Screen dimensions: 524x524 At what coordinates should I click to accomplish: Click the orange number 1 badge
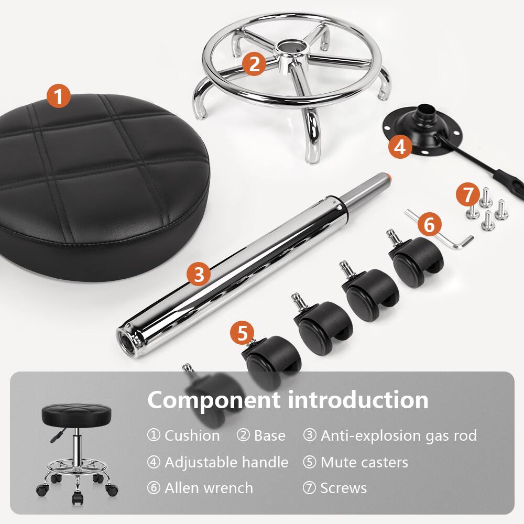pyautogui.click(x=59, y=96)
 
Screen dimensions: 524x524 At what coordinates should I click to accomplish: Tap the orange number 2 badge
pyautogui.click(x=254, y=64)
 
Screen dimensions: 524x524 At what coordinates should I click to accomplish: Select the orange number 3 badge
pyautogui.click(x=199, y=274)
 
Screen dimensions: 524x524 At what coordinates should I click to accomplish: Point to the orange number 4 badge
pyautogui.click(x=400, y=147)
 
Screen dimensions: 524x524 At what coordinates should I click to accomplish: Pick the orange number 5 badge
pyautogui.click(x=242, y=334)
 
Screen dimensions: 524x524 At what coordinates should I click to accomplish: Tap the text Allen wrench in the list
pyautogui.click(x=209, y=488)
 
